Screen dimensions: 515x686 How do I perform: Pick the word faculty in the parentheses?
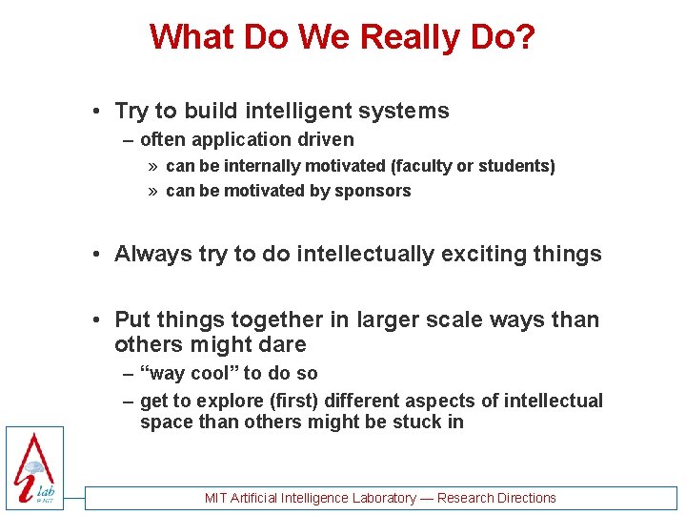[x=423, y=166]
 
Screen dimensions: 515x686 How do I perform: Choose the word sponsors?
[x=373, y=190]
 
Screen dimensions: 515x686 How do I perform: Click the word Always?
[x=152, y=254]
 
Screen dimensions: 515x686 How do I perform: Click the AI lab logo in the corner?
[x=34, y=466]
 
